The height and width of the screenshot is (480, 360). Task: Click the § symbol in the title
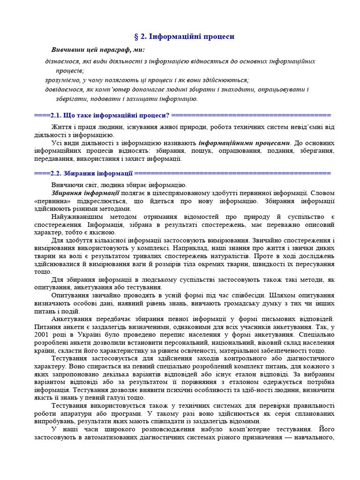coord(136,36)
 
